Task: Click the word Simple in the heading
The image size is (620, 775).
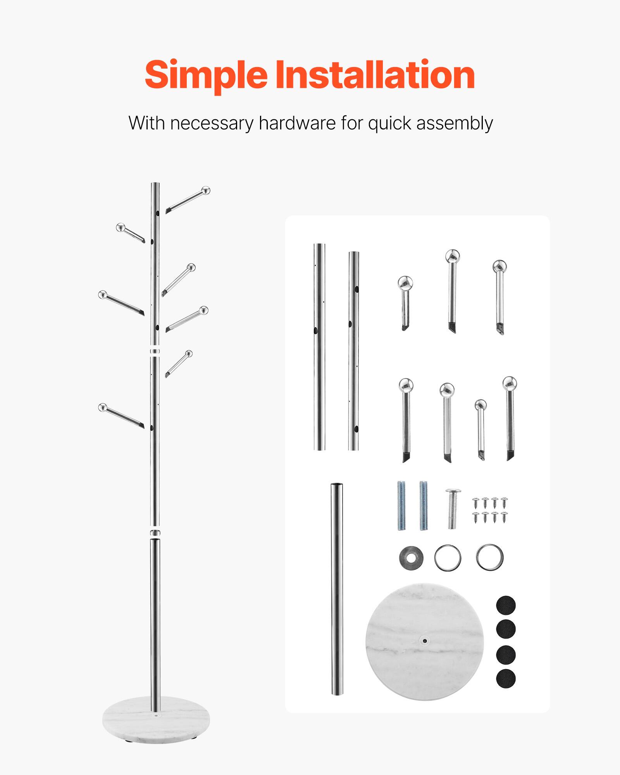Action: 206,75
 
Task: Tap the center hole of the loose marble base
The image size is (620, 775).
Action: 425,641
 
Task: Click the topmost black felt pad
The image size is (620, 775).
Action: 506,606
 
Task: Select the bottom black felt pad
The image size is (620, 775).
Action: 506,679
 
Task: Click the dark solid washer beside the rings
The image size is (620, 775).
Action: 411,558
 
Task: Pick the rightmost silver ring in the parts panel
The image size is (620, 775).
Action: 490,558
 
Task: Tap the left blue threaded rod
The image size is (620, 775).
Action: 401,506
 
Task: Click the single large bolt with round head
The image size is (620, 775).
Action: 453,508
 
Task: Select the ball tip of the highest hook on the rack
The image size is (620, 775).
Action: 206,190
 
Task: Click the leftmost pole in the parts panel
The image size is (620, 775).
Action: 319,347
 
